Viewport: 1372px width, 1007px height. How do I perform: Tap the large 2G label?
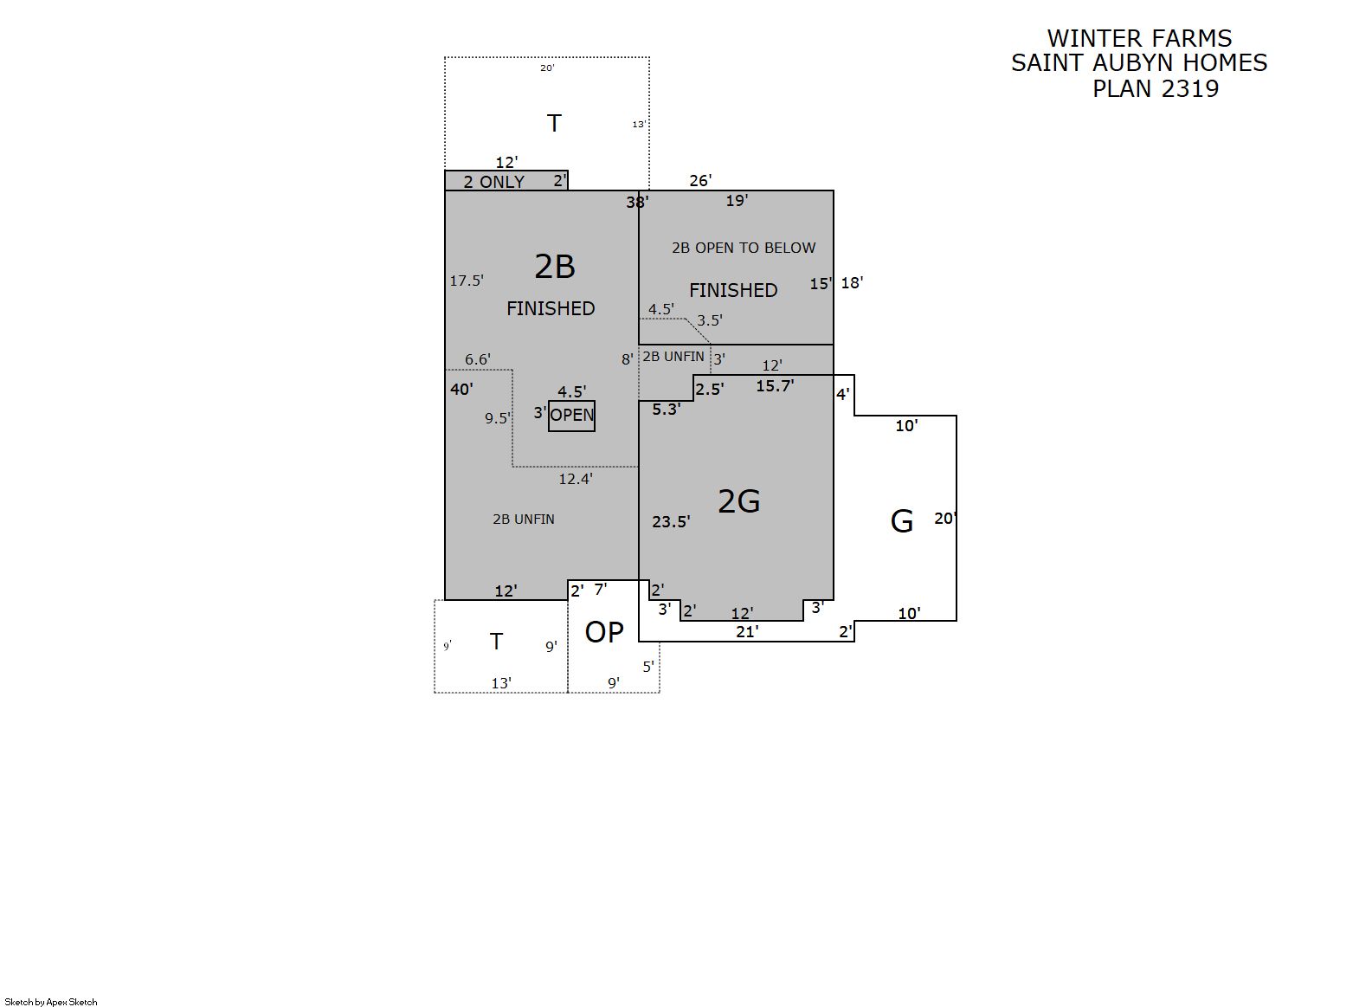click(738, 501)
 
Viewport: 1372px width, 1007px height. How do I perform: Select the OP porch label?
click(604, 632)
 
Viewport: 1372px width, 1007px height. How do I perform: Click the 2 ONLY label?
click(493, 182)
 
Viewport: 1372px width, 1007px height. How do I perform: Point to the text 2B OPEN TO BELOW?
click(744, 248)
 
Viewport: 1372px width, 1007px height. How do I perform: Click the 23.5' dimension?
click(671, 521)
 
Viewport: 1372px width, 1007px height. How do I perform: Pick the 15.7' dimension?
click(775, 385)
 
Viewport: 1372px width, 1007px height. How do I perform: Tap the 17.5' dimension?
click(467, 281)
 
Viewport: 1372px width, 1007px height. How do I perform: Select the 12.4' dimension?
click(575, 478)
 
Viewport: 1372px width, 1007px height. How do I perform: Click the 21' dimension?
click(747, 631)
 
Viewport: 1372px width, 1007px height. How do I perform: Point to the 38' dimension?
click(637, 202)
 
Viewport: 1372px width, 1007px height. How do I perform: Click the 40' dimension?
click(461, 389)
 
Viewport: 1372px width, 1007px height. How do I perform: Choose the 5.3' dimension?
click(666, 410)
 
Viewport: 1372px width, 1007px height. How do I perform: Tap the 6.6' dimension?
click(477, 359)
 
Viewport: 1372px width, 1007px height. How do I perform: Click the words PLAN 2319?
click(1156, 89)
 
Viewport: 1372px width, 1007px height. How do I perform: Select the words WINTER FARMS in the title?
click(1139, 39)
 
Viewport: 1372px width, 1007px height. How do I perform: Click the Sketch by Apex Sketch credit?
click(51, 1002)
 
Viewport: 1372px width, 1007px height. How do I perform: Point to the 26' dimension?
click(700, 180)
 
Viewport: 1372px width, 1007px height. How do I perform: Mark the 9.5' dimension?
click(498, 417)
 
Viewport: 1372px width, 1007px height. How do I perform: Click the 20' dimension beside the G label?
click(945, 518)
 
